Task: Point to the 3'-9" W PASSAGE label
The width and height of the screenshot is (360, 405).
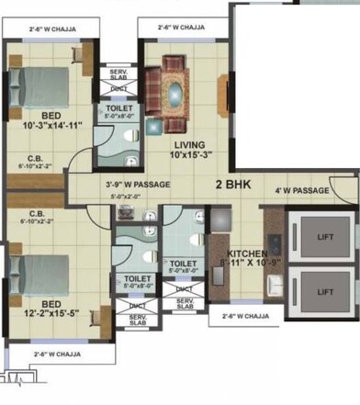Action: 137,184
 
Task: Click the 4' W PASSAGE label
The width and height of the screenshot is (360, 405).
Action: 302,190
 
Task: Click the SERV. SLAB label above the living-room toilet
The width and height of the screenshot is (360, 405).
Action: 118,74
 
